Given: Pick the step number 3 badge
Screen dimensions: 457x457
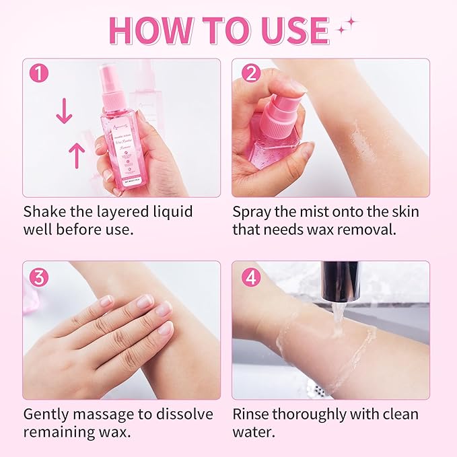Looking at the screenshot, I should pos(39,276).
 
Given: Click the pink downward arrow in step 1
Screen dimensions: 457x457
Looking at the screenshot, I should pos(64,112).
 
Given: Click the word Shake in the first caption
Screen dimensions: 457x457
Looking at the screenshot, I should pos(45,211).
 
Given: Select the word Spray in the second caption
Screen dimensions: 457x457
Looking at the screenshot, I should pos(252,212).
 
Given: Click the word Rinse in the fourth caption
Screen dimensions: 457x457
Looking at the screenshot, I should pos(252,413).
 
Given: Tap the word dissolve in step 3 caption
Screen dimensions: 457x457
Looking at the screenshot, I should pos(185,413).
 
